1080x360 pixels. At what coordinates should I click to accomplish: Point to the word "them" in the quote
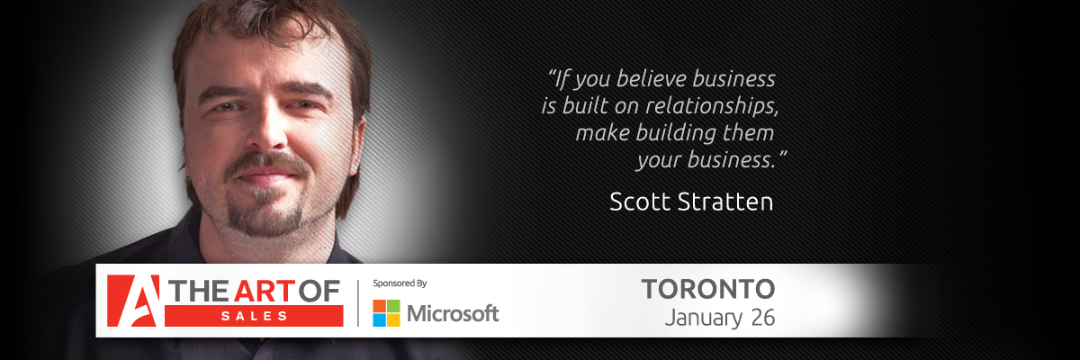click(748, 133)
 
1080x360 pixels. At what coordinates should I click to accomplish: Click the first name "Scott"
click(640, 202)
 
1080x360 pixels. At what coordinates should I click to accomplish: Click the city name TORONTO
click(708, 289)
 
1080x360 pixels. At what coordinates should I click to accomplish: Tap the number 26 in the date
click(763, 318)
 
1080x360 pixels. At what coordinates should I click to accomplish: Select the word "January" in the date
click(704, 319)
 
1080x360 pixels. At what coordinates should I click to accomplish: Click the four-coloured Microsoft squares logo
click(386, 313)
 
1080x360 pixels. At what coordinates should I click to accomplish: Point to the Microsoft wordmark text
click(453, 313)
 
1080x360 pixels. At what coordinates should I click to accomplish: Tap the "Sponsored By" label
click(400, 283)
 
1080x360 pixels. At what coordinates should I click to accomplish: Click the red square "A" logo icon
click(133, 301)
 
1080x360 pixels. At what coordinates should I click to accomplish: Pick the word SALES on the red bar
click(254, 316)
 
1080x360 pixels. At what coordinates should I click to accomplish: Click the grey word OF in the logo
click(319, 292)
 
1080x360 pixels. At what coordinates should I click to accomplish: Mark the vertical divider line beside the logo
click(358, 303)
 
